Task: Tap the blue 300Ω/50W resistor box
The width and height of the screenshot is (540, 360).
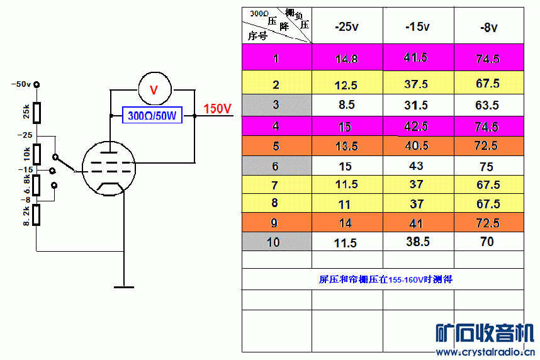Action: coord(152,115)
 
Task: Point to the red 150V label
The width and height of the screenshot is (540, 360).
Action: coord(217,109)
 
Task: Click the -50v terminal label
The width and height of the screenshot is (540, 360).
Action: coord(21,84)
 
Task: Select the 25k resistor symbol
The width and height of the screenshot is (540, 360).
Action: coord(37,113)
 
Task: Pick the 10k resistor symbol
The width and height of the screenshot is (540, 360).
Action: coord(37,154)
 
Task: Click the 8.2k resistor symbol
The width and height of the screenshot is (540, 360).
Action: coord(36,215)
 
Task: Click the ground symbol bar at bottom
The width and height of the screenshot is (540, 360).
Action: coord(124,287)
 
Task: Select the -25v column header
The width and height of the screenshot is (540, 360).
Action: coord(346,26)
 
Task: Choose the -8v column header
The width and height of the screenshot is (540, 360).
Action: coord(488,27)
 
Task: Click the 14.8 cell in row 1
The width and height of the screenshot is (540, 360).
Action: coord(346,59)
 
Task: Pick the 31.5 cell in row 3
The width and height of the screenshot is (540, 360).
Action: coord(416,105)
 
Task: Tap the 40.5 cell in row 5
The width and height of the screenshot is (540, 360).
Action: coord(417,146)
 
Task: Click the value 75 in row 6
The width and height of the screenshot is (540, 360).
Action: coord(487,167)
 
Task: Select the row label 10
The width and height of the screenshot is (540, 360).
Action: coord(273,242)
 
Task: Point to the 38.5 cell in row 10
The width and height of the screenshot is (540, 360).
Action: coord(418,242)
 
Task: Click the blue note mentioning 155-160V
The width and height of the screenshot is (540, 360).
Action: coord(385,279)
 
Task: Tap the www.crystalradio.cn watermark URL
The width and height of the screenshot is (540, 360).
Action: coord(485,352)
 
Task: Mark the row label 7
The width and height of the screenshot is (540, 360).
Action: coord(274,186)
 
